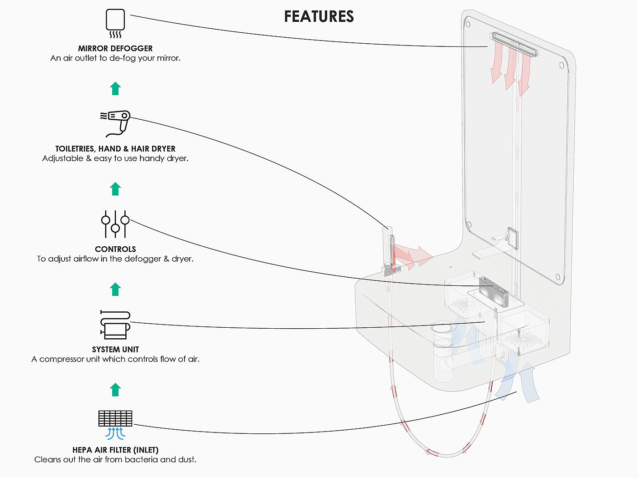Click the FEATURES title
pyautogui.click(x=319, y=16)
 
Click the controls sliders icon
pyautogui.click(x=115, y=224)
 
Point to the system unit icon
pyautogui.click(x=115, y=324)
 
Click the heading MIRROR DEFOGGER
pyautogui.click(x=115, y=48)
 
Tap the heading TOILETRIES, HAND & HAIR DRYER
pyautogui.click(x=115, y=149)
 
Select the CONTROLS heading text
pyautogui.click(x=115, y=249)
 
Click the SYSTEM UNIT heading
pyautogui.click(x=115, y=350)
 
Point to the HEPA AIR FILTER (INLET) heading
pyautogui.click(x=115, y=450)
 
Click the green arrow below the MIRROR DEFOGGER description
pyautogui.click(x=115, y=88)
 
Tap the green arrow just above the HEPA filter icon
pyautogui.click(x=115, y=390)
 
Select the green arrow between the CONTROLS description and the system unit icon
pyautogui.click(x=115, y=289)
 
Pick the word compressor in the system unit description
pyautogui.click(x=61, y=359)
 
